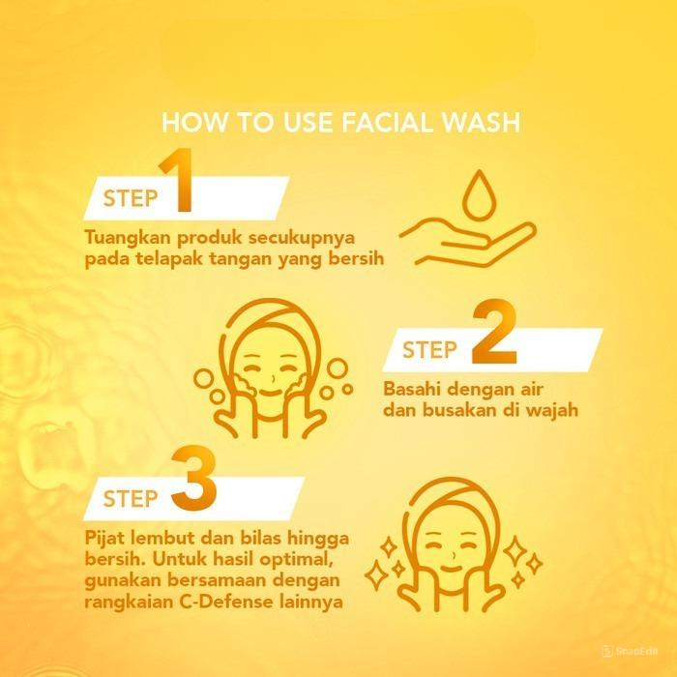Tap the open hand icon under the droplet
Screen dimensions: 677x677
pyautogui.click(x=469, y=242)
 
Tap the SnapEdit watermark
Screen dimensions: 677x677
pyautogui.click(x=638, y=651)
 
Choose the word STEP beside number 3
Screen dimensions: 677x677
pyautogui.click(x=130, y=500)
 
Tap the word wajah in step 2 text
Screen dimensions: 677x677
pyautogui.click(x=551, y=410)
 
